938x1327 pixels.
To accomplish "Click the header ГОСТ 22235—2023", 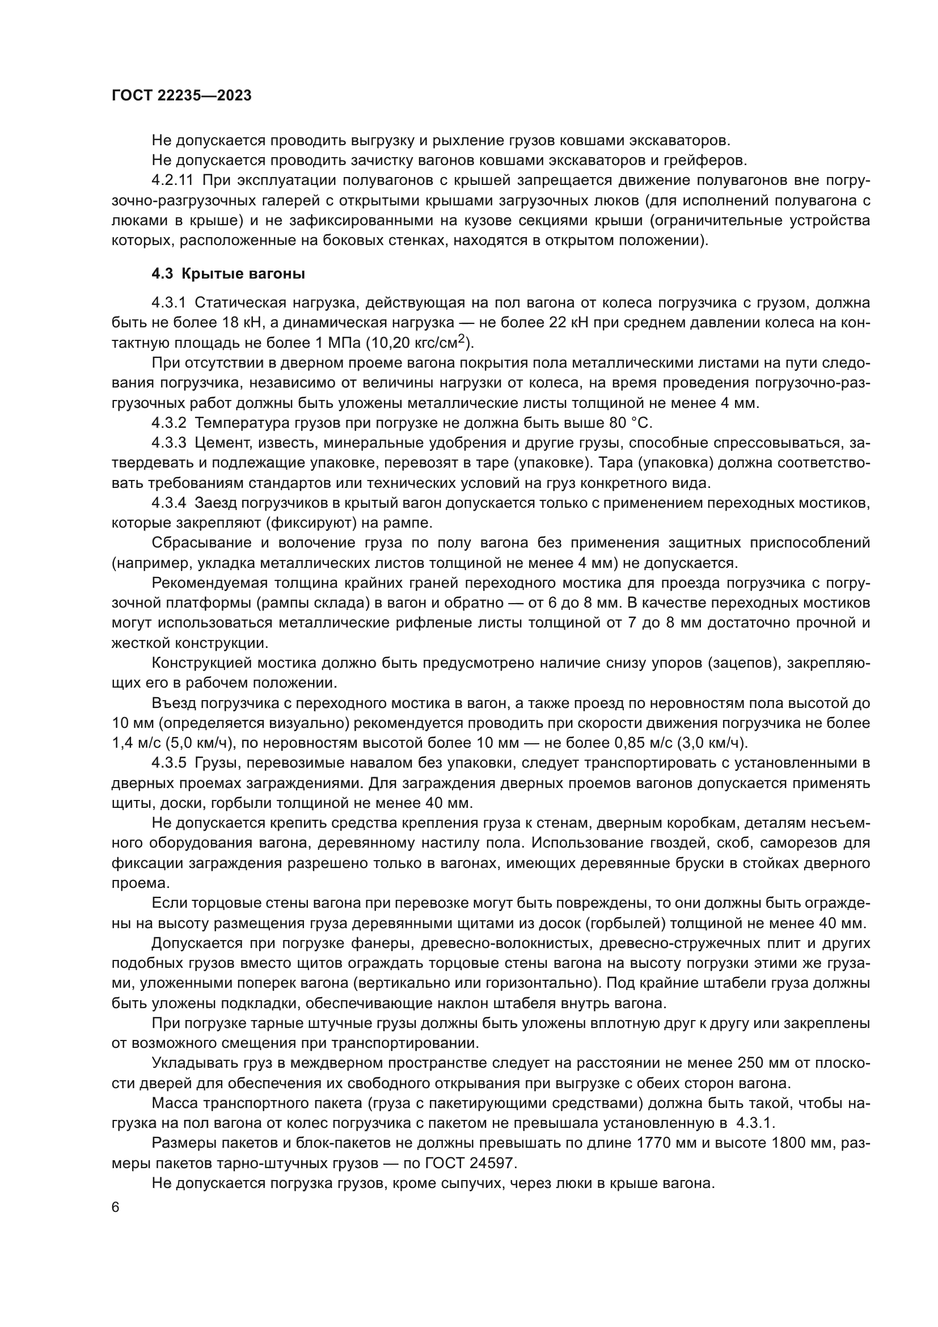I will click(181, 96).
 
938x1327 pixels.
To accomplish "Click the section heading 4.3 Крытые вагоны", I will click(228, 274).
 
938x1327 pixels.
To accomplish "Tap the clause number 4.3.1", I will click(168, 303).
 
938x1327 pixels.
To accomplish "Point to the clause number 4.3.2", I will click(168, 423).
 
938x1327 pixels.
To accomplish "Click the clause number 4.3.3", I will click(168, 443).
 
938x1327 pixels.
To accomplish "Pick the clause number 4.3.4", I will click(168, 503).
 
